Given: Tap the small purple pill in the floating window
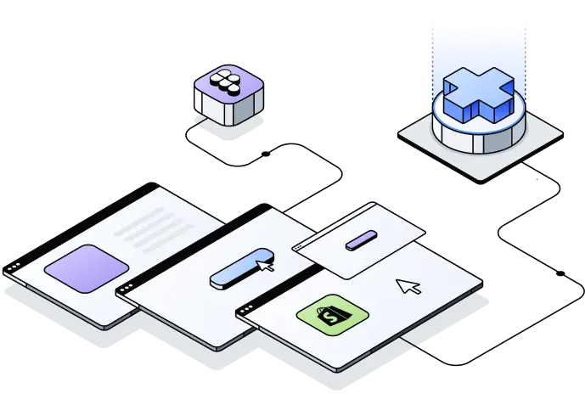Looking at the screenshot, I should [360, 239].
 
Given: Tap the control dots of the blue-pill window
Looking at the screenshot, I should [127, 290].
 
